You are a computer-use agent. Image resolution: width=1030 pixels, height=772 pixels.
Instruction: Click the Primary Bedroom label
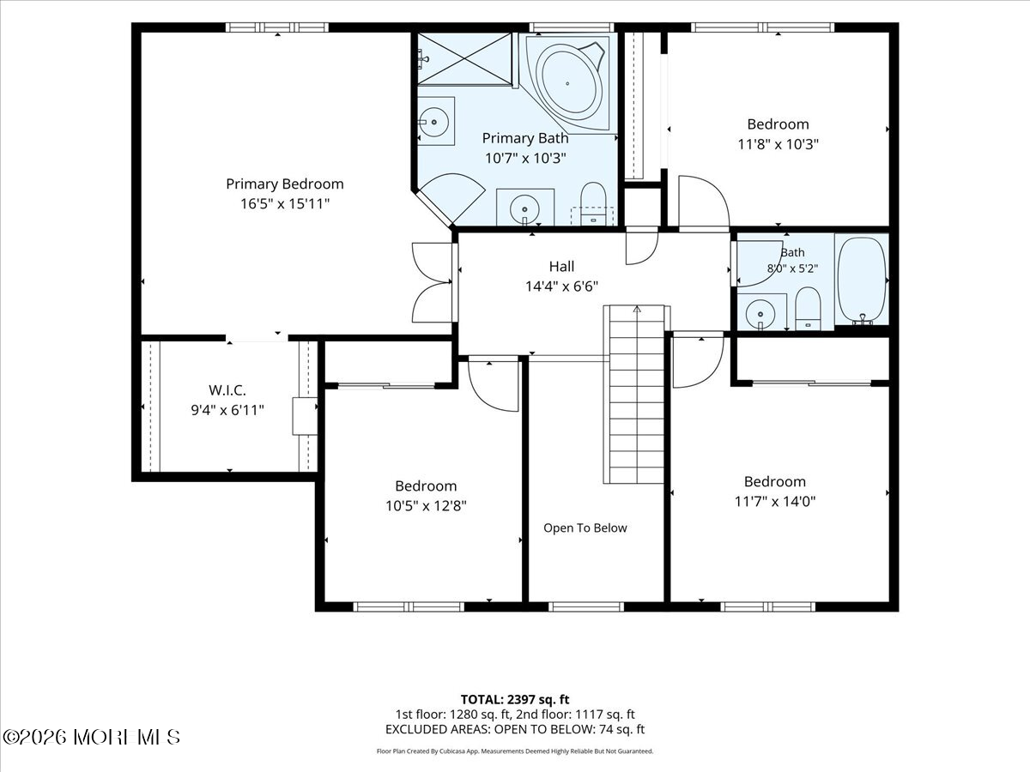(285, 184)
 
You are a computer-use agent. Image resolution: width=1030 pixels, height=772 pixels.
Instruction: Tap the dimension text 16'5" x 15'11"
(285, 204)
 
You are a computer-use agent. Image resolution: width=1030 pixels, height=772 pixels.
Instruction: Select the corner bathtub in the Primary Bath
(568, 83)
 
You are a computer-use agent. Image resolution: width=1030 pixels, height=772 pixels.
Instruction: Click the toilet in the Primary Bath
(593, 203)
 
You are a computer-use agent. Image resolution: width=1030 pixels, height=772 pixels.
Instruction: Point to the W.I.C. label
(227, 390)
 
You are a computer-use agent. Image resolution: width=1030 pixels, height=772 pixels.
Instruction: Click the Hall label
(561, 266)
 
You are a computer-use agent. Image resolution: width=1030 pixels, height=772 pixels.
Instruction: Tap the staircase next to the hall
(636, 395)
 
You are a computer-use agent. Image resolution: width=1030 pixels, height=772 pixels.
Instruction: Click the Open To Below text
(585, 528)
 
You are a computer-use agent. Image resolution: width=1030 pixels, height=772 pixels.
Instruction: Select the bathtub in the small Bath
(862, 280)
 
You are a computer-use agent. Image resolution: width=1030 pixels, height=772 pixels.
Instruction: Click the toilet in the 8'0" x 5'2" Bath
(808, 309)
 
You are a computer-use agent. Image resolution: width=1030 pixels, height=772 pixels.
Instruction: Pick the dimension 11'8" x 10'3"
(778, 144)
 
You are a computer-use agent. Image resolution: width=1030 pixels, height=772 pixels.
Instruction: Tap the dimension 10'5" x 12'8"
(426, 506)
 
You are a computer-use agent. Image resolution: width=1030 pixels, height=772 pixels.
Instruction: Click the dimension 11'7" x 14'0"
(775, 502)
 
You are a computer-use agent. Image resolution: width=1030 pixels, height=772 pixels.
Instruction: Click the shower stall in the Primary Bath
(464, 59)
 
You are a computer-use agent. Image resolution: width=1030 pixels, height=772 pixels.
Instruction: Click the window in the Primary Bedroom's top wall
(277, 27)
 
